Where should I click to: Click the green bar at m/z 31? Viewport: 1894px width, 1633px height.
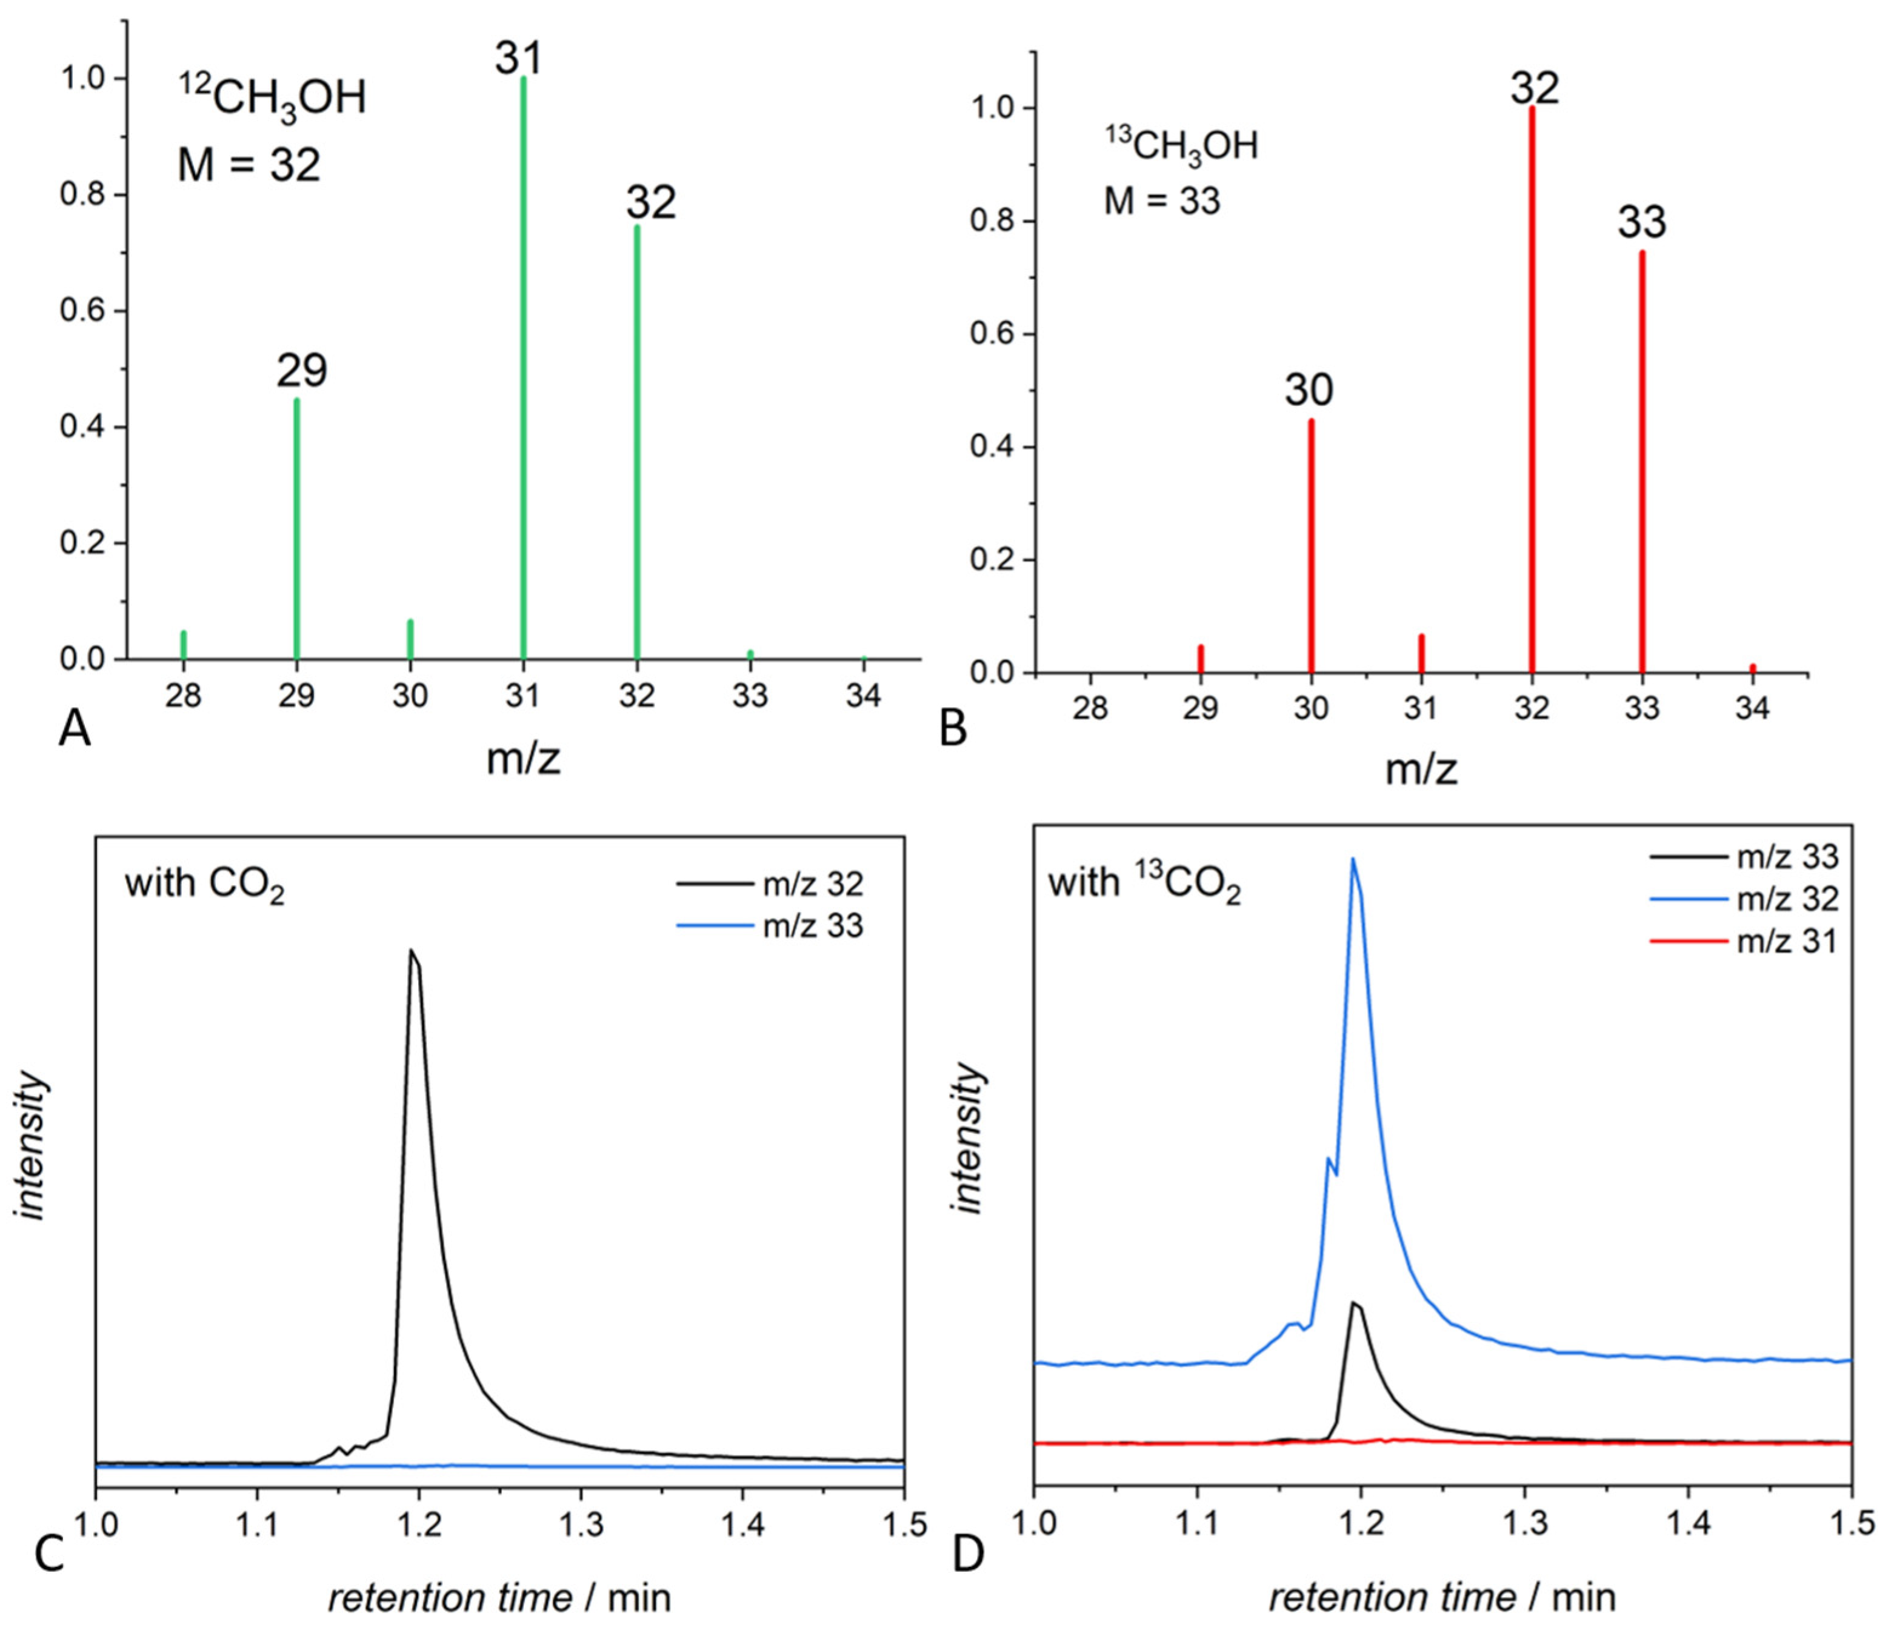pos(523,365)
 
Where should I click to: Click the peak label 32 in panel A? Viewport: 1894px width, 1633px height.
pos(651,202)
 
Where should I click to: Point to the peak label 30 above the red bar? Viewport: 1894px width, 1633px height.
pos(1309,390)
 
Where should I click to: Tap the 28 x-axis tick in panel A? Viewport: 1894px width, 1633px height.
pos(183,696)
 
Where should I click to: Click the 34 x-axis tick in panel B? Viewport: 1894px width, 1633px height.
pos(1752,709)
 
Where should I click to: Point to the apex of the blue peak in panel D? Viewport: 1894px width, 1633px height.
pos(1352,859)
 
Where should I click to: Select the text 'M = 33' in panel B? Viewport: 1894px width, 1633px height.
pos(1162,200)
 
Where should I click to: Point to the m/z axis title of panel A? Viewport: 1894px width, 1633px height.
pos(523,759)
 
